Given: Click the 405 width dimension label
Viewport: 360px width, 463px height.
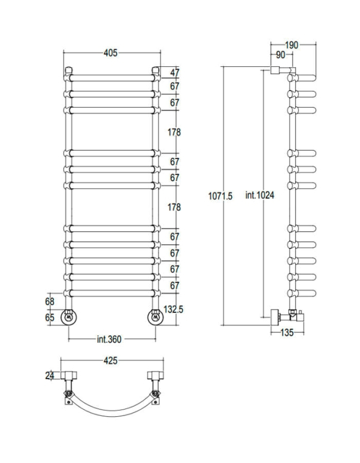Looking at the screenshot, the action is tap(110, 53).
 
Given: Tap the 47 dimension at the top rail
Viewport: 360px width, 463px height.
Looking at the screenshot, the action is tap(175, 72).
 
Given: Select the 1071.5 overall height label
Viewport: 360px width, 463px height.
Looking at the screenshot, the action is tap(220, 196).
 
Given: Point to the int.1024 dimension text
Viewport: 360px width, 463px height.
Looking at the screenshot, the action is tap(260, 195).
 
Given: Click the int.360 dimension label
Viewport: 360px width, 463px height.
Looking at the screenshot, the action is tap(109, 339).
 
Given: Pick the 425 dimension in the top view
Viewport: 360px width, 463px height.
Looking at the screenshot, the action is tap(110, 360).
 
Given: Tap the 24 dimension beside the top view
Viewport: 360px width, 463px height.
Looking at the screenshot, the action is tap(50, 376).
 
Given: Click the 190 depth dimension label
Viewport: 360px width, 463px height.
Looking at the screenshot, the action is tap(291, 45).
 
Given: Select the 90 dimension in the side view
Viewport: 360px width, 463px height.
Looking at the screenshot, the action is tap(280, 55).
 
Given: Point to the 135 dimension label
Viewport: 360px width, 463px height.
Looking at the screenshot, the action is tap(287, 333).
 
